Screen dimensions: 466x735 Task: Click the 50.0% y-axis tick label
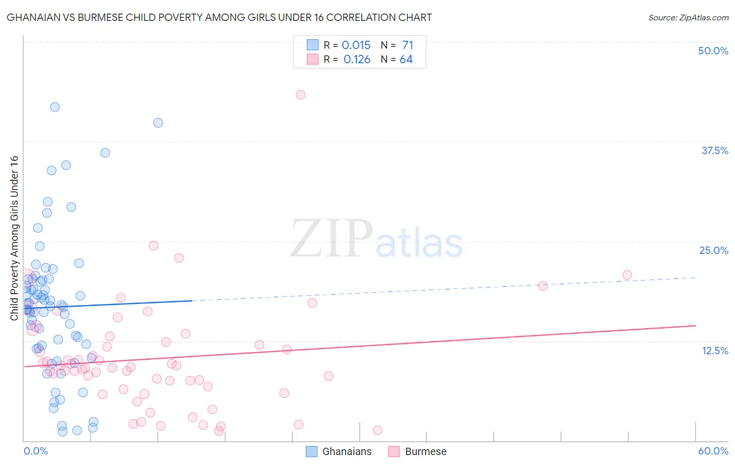coord(713,51)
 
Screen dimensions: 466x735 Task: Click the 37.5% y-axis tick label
coord(715,150)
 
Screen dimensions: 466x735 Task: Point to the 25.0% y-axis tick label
coord(714,250)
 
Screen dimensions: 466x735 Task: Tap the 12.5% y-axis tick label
coord(715,351)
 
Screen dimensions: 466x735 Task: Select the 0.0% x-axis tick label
coord(36,451)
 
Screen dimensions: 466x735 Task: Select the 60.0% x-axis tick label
coord(713,451)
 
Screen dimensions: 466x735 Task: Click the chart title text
coord(219,17)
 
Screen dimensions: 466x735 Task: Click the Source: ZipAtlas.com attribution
coord(688,18)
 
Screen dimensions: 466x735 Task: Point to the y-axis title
coord(14,238)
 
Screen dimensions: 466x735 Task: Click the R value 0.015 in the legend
coord(356,45)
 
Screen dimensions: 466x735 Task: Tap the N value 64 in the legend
coord(406,60)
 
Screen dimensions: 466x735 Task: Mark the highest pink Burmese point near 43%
coord(301,95)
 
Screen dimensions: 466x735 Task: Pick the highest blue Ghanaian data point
coord(55,107)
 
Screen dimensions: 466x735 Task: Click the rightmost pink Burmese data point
coord(627,275)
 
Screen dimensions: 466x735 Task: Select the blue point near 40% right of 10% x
coord(158,123)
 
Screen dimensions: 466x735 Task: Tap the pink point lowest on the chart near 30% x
coord(377,430)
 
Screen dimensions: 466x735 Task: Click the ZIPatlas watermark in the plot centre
coord(376,239)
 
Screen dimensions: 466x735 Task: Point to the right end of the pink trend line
coord(695,325)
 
